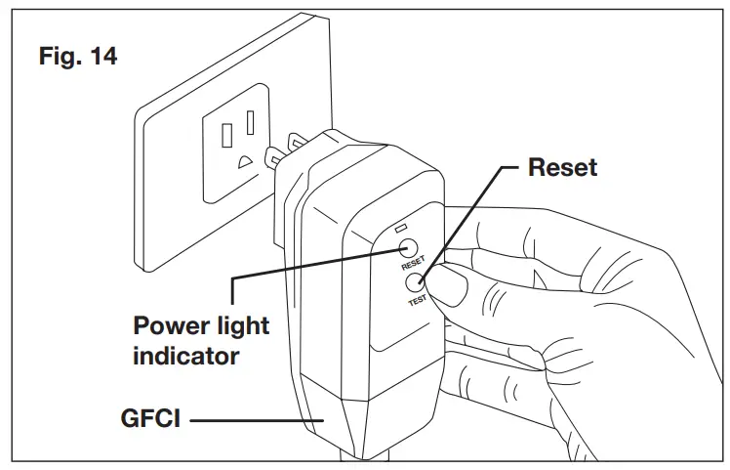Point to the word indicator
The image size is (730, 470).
185,355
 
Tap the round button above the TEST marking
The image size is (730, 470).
410,283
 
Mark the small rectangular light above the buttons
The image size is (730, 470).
401,228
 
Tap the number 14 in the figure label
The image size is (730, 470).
101,57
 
